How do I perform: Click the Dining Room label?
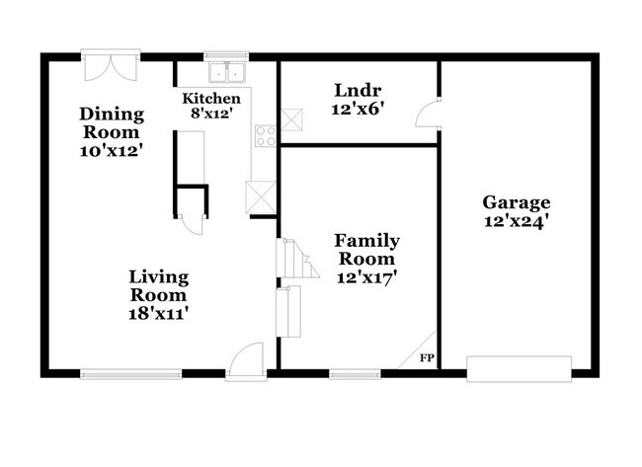112,123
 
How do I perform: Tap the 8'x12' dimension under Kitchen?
210,114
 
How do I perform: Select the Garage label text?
516,202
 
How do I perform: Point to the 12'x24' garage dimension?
516,221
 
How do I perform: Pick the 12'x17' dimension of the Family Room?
366,277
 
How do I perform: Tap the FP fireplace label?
428,357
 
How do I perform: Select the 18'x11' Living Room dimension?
159,313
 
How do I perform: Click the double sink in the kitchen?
228,72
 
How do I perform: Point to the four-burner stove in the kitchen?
265,137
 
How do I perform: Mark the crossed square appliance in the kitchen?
261,195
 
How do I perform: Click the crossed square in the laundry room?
293,120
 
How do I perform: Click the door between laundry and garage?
427,113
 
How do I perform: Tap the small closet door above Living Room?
192,223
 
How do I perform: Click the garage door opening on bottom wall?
519,369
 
